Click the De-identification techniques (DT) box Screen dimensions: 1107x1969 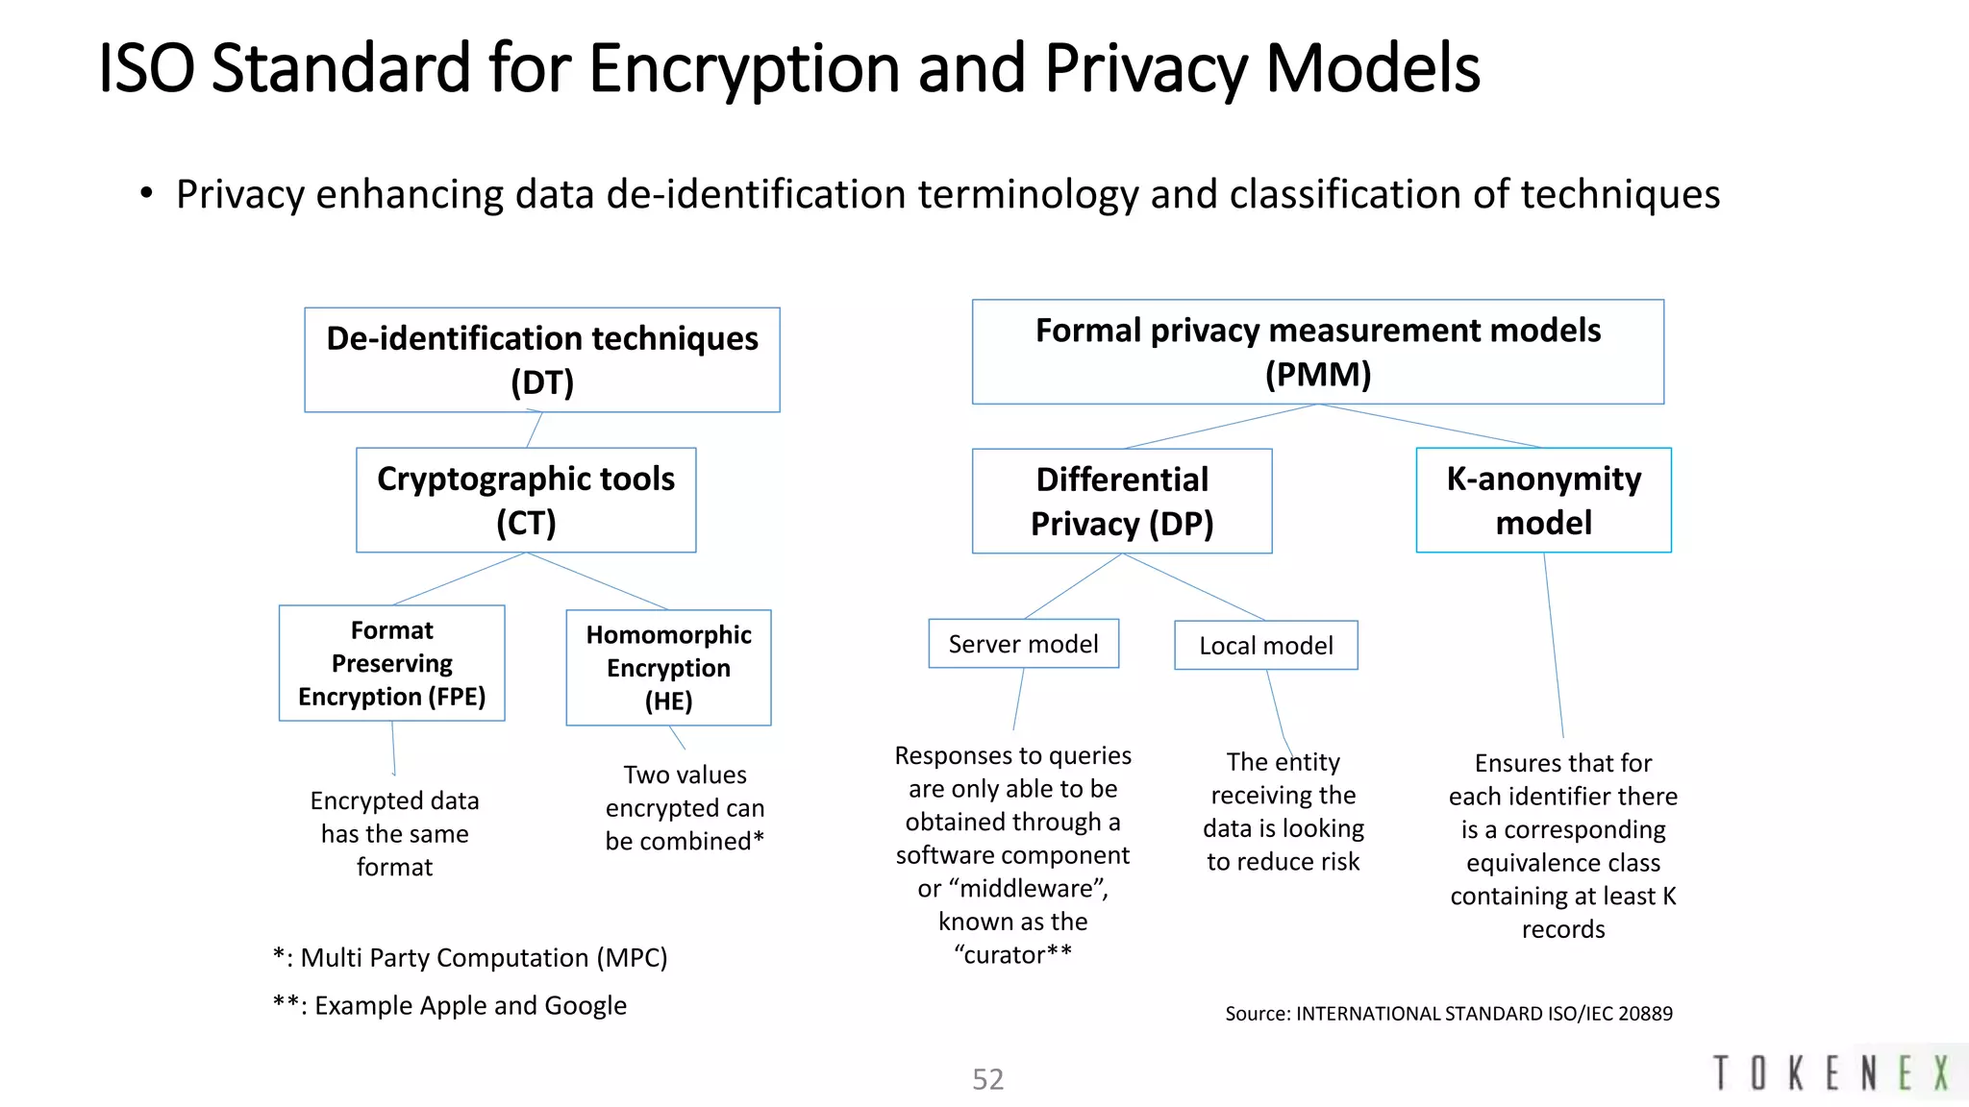(541, 360)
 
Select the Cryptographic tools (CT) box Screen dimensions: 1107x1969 (526, 500)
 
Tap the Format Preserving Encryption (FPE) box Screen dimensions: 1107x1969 (391, 663)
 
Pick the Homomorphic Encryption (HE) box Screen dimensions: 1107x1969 (668, 668)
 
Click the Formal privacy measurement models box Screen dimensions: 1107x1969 (1317, 352)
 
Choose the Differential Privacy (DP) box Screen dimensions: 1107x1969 (1122, 501)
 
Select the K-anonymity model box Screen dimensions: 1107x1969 (1543, 500)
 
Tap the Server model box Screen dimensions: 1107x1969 (1023, 644)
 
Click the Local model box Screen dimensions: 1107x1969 (1265, 645)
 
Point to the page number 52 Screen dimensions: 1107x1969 (987, 1079)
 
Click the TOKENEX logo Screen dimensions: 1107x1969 (1832, 1073)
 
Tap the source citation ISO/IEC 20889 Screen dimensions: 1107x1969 (1448, 1014)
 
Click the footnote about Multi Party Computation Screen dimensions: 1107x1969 (470, 958)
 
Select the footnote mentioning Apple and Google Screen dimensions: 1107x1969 (450, 1006)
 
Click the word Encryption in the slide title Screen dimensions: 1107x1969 (746, 69)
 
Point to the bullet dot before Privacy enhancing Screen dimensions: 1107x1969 (146, 194)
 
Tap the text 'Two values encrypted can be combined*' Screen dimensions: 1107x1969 (685, 807)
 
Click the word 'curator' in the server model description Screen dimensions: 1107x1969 (1004, 954)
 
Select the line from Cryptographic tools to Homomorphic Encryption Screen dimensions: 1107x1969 (598, 581)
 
